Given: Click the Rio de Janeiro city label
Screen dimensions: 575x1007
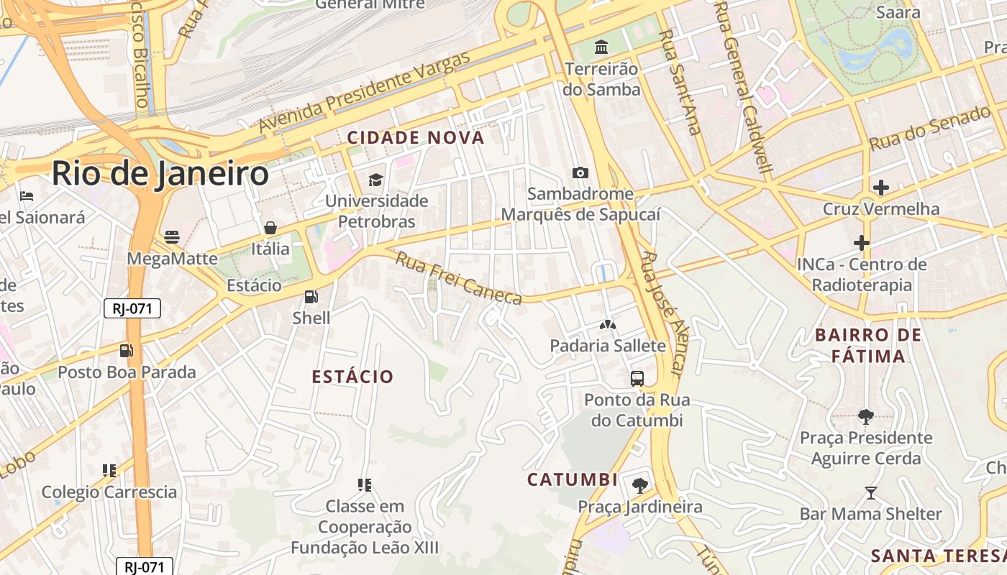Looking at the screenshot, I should (160, 174).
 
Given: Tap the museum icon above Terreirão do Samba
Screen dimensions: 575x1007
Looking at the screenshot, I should (601, 47).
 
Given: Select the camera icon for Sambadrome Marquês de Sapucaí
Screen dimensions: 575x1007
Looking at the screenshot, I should (580, 172).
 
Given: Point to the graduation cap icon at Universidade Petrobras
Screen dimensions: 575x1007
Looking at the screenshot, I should (375, 179).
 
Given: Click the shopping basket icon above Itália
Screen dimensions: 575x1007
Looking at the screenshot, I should (270, 228).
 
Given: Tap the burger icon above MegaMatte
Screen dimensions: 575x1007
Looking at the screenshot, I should (171, 236).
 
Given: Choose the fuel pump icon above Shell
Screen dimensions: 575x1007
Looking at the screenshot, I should (311, 296).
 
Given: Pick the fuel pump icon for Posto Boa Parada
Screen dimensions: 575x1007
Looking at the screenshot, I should (126, 351).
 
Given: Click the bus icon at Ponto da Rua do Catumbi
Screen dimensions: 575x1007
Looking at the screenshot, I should (637, 378).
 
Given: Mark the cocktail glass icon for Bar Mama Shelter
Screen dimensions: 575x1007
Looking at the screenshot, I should (870, 492).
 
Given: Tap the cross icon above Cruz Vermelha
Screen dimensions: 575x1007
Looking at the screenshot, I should (880, 188).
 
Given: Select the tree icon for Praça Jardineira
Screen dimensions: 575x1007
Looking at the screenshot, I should (639, 485).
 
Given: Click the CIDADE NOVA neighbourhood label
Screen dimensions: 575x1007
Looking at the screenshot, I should (416, 137).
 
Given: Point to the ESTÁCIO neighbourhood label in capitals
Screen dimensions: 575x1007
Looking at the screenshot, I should (352, 377).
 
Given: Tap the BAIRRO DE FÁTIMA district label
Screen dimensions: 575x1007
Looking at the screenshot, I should (868, 346).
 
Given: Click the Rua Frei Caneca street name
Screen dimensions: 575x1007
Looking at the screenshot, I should (459, 278).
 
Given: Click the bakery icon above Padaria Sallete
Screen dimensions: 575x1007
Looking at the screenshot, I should (608, 325).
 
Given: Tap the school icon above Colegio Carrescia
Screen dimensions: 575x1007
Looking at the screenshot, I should (109, 470).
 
